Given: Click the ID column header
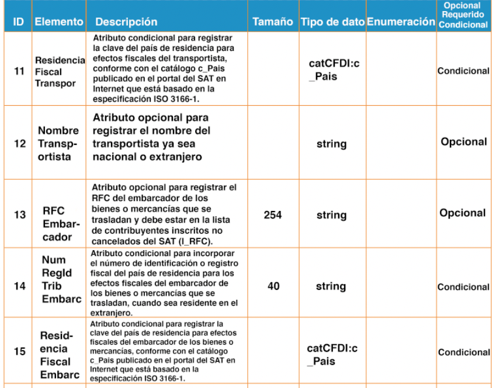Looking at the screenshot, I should pos(18,22).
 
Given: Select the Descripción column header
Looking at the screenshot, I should pos(126,22).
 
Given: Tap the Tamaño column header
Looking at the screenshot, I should pos(273,22).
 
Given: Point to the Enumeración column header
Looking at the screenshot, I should pos(401,22).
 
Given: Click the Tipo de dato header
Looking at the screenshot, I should pos(332,22).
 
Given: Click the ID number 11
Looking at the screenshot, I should pos(19,71).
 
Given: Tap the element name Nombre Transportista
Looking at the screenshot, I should pos(58,143).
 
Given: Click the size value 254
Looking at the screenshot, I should pos(272,215).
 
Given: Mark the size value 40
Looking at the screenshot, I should pos(273,287).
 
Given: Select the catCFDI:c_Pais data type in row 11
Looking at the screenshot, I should pos(332,71).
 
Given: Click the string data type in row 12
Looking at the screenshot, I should pos(331,143).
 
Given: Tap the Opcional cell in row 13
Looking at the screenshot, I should pos(463,213).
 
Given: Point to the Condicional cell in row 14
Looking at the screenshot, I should pos(463,287).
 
